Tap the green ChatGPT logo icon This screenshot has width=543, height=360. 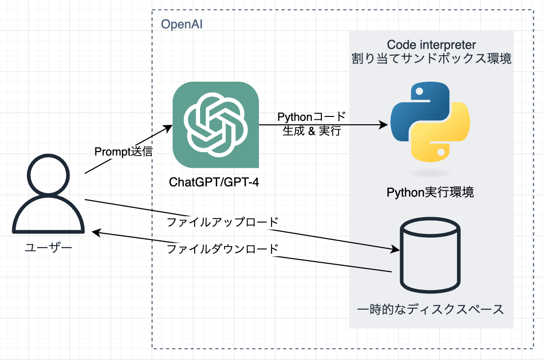(x=216, y=124)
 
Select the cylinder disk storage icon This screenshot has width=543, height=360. (x=430, y=255)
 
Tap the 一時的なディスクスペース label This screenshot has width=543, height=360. (x=430, y=310)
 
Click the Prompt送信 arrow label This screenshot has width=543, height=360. (x=123, y=152)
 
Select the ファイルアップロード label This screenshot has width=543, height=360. (x=223, y=222)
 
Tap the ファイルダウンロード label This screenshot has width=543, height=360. (x=223, y=248)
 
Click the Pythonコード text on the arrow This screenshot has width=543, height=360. (x=312, y=117)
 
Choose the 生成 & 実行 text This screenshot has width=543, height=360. (x=312, y=131)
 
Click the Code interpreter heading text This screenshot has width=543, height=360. (x=430, y=45)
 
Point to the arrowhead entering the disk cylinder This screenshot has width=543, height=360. (x=396, y=250)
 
